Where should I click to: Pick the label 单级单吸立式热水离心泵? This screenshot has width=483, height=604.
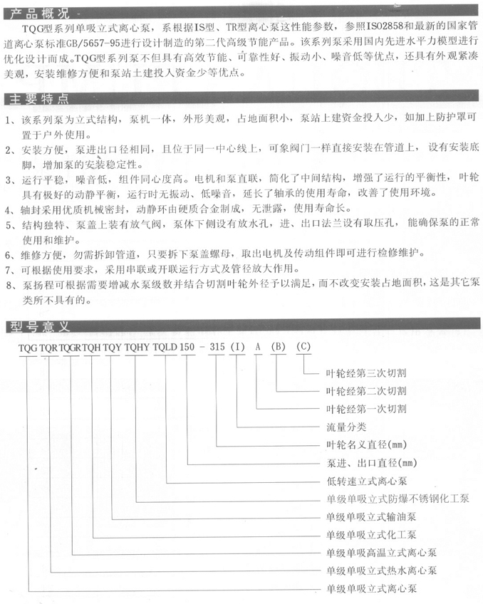click(x=380, y=571)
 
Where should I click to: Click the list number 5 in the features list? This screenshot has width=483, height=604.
click(x=8, y=225)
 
